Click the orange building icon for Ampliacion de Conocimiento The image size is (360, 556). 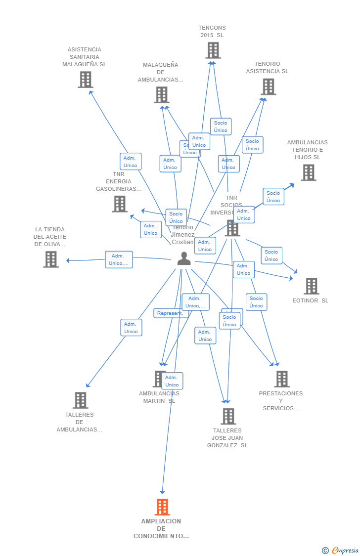pos(162,507)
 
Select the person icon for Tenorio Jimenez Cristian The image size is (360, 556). pos(184,258)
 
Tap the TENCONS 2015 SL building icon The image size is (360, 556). pos(213,50)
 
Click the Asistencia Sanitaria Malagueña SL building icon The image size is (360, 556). pos(86,80)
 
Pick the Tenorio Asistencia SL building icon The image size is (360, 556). pos(269,87)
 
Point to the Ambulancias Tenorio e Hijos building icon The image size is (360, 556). pos(309,172)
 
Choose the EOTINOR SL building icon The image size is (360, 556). pos(312,286)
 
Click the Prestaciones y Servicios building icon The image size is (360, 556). pos(282,379)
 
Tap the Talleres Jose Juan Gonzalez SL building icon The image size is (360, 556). pos(228,416)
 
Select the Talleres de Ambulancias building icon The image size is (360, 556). pos(81,400)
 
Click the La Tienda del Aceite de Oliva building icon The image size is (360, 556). pos(51,259)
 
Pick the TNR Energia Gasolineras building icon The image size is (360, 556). pos(120,204)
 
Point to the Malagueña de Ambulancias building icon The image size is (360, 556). pos(162,95)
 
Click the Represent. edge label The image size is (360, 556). pos(170,313)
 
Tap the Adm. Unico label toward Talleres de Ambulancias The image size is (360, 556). pos(131,328)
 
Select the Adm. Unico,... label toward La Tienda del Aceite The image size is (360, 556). pos(119,259)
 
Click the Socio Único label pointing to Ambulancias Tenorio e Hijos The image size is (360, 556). pos(273,197)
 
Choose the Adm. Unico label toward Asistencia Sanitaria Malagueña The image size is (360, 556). pos(131,162)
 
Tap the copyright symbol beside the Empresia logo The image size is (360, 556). pos(325,550)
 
